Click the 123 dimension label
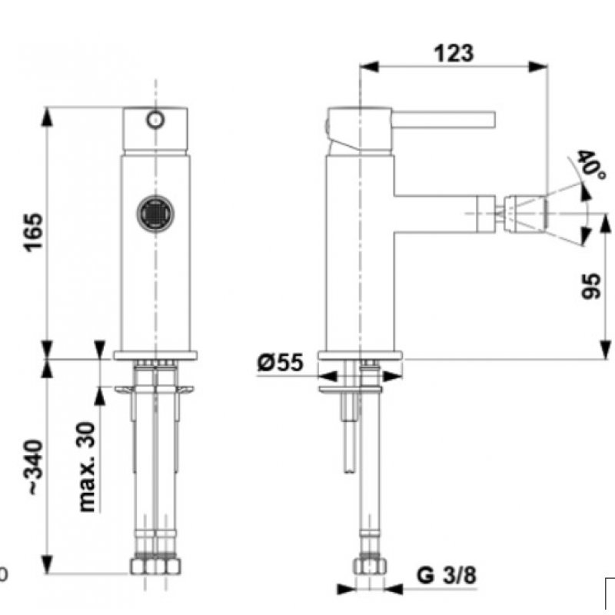(454, 53)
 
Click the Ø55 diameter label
(281, 362)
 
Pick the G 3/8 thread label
(447, 574)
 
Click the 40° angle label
(590, 163)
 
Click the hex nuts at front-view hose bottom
(155, 567)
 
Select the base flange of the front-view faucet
(155, 355)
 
